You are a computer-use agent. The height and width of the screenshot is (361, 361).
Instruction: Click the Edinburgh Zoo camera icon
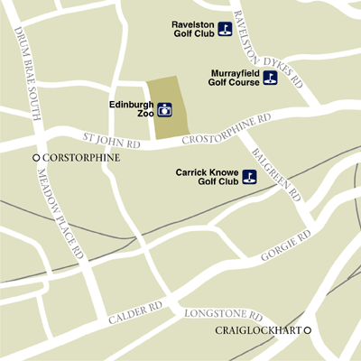click(x=165, y=111)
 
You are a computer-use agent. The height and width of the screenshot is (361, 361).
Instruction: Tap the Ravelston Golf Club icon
click(x=225, y=27)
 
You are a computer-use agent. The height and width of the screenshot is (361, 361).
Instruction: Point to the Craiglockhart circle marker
click(x=307, y=330)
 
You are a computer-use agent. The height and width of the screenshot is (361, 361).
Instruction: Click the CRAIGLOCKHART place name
click(x=257, y=330)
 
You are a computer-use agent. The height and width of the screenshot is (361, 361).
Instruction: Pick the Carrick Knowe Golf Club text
click(x=208, y=175)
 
